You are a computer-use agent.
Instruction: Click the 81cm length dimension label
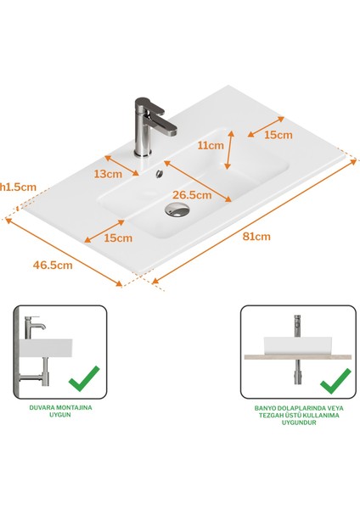click(256, 237)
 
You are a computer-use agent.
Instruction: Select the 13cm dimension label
click(109, 175)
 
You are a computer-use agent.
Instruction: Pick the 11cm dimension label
click(210, 145)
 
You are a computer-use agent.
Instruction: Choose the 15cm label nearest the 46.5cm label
click(118, 238)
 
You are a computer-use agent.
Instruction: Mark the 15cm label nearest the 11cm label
click(278, 135)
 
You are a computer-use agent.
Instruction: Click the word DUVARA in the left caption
click(43, 409)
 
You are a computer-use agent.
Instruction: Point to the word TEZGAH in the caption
click(266, 416)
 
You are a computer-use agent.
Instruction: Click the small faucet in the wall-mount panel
click(35, 326)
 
